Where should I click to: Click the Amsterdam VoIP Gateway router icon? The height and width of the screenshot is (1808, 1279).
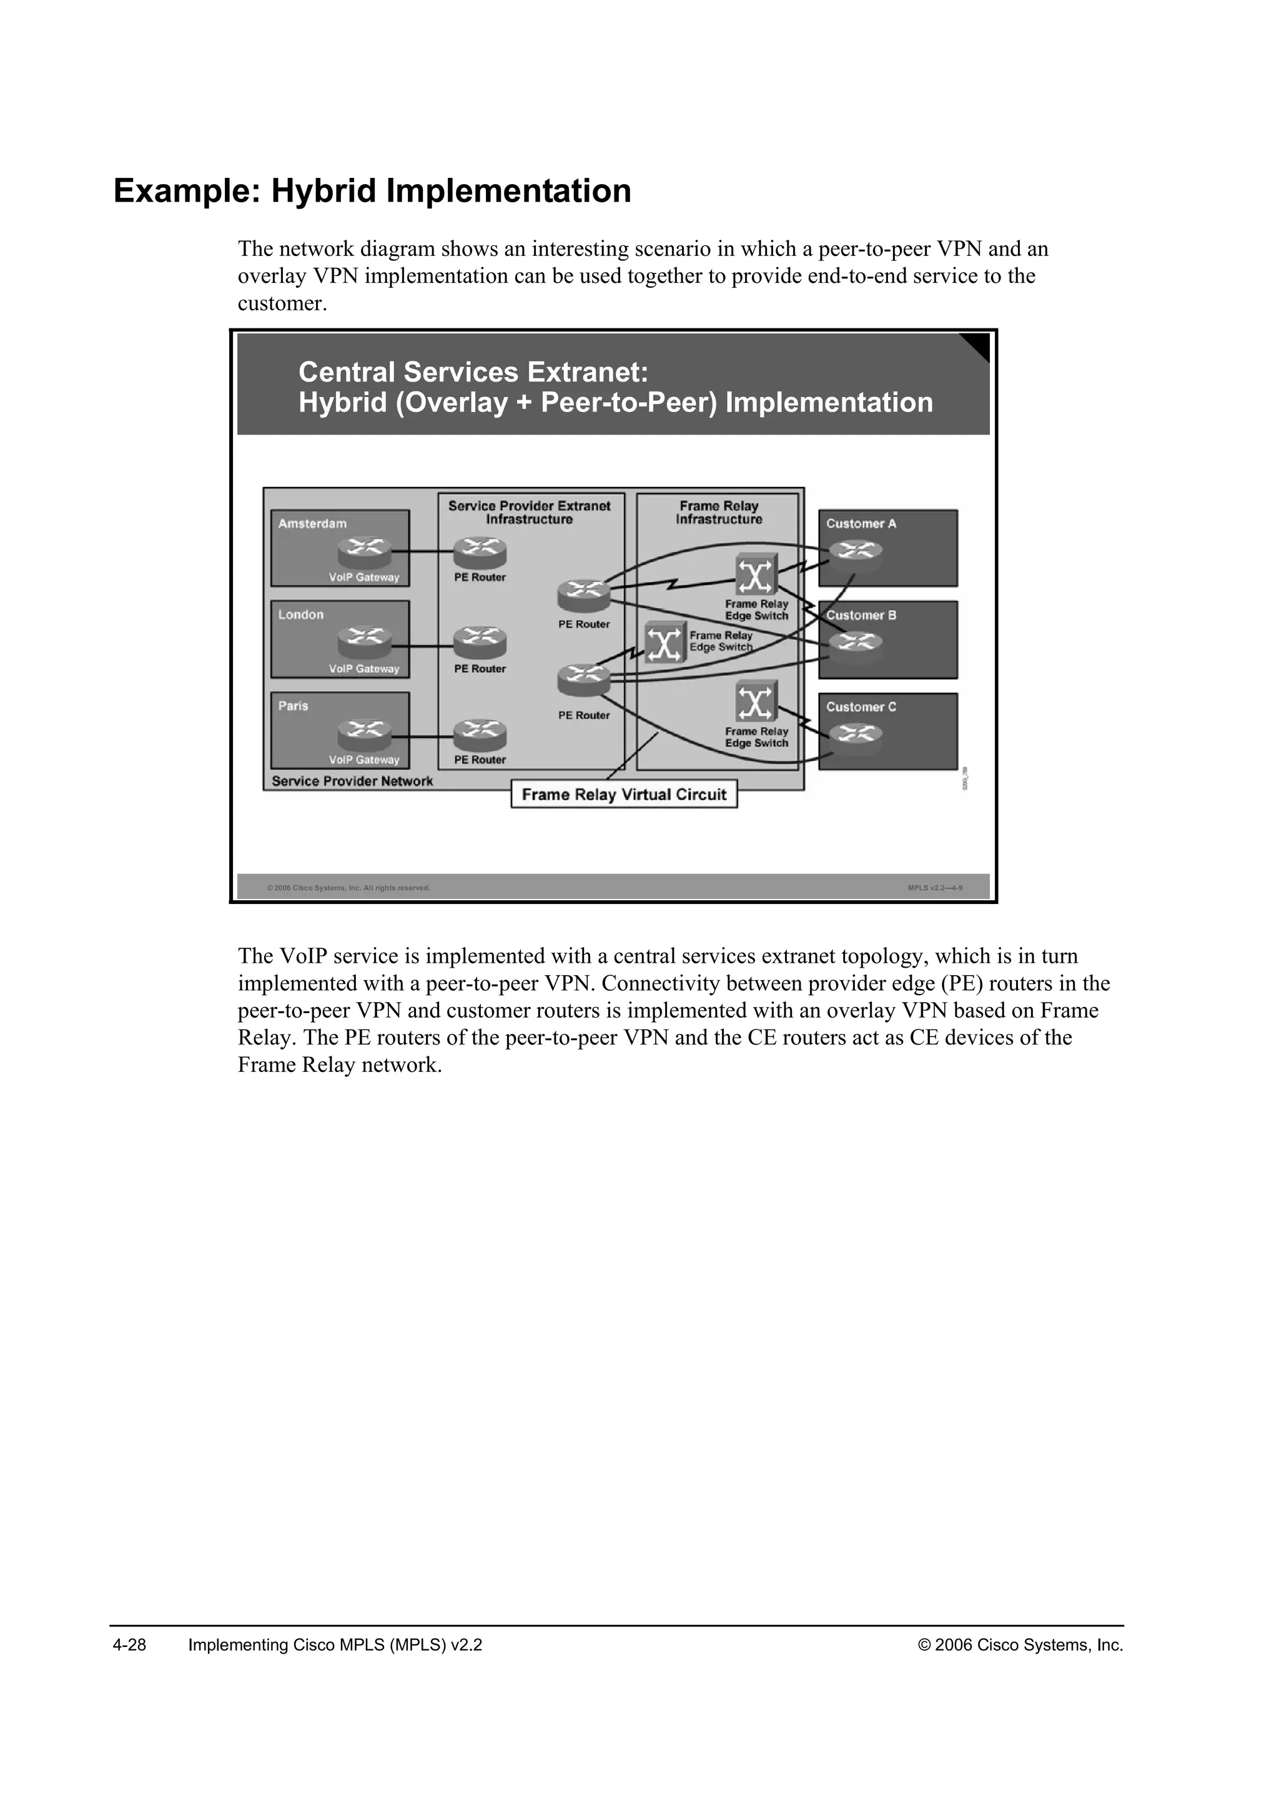(x=364, y=552)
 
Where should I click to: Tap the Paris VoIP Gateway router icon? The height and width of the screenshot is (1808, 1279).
(x=364, y=734)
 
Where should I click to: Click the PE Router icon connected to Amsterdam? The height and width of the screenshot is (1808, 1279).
(x=480, y=552)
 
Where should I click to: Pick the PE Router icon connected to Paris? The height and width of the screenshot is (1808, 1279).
(x=480, y=734)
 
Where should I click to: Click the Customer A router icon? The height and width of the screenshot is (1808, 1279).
(x=856, y=551)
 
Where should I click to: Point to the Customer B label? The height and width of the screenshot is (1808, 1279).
(x=861, y=615)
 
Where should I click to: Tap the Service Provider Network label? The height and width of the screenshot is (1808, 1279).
(x=352, y=781)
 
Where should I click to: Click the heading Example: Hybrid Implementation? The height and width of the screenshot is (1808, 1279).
(x=372, y=192)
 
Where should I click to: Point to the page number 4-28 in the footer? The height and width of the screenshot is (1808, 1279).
(x=129, y=1645)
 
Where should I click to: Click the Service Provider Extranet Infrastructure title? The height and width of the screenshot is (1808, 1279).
(x=529, y=513)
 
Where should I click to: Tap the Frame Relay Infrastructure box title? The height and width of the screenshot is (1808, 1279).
(x=718, y=513)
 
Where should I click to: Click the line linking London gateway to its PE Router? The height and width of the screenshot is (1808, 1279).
(x=431, y=647)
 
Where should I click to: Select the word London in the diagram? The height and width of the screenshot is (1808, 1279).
(x=301, y=614)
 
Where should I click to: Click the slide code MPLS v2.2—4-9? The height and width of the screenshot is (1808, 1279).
(x=935, y=888)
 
